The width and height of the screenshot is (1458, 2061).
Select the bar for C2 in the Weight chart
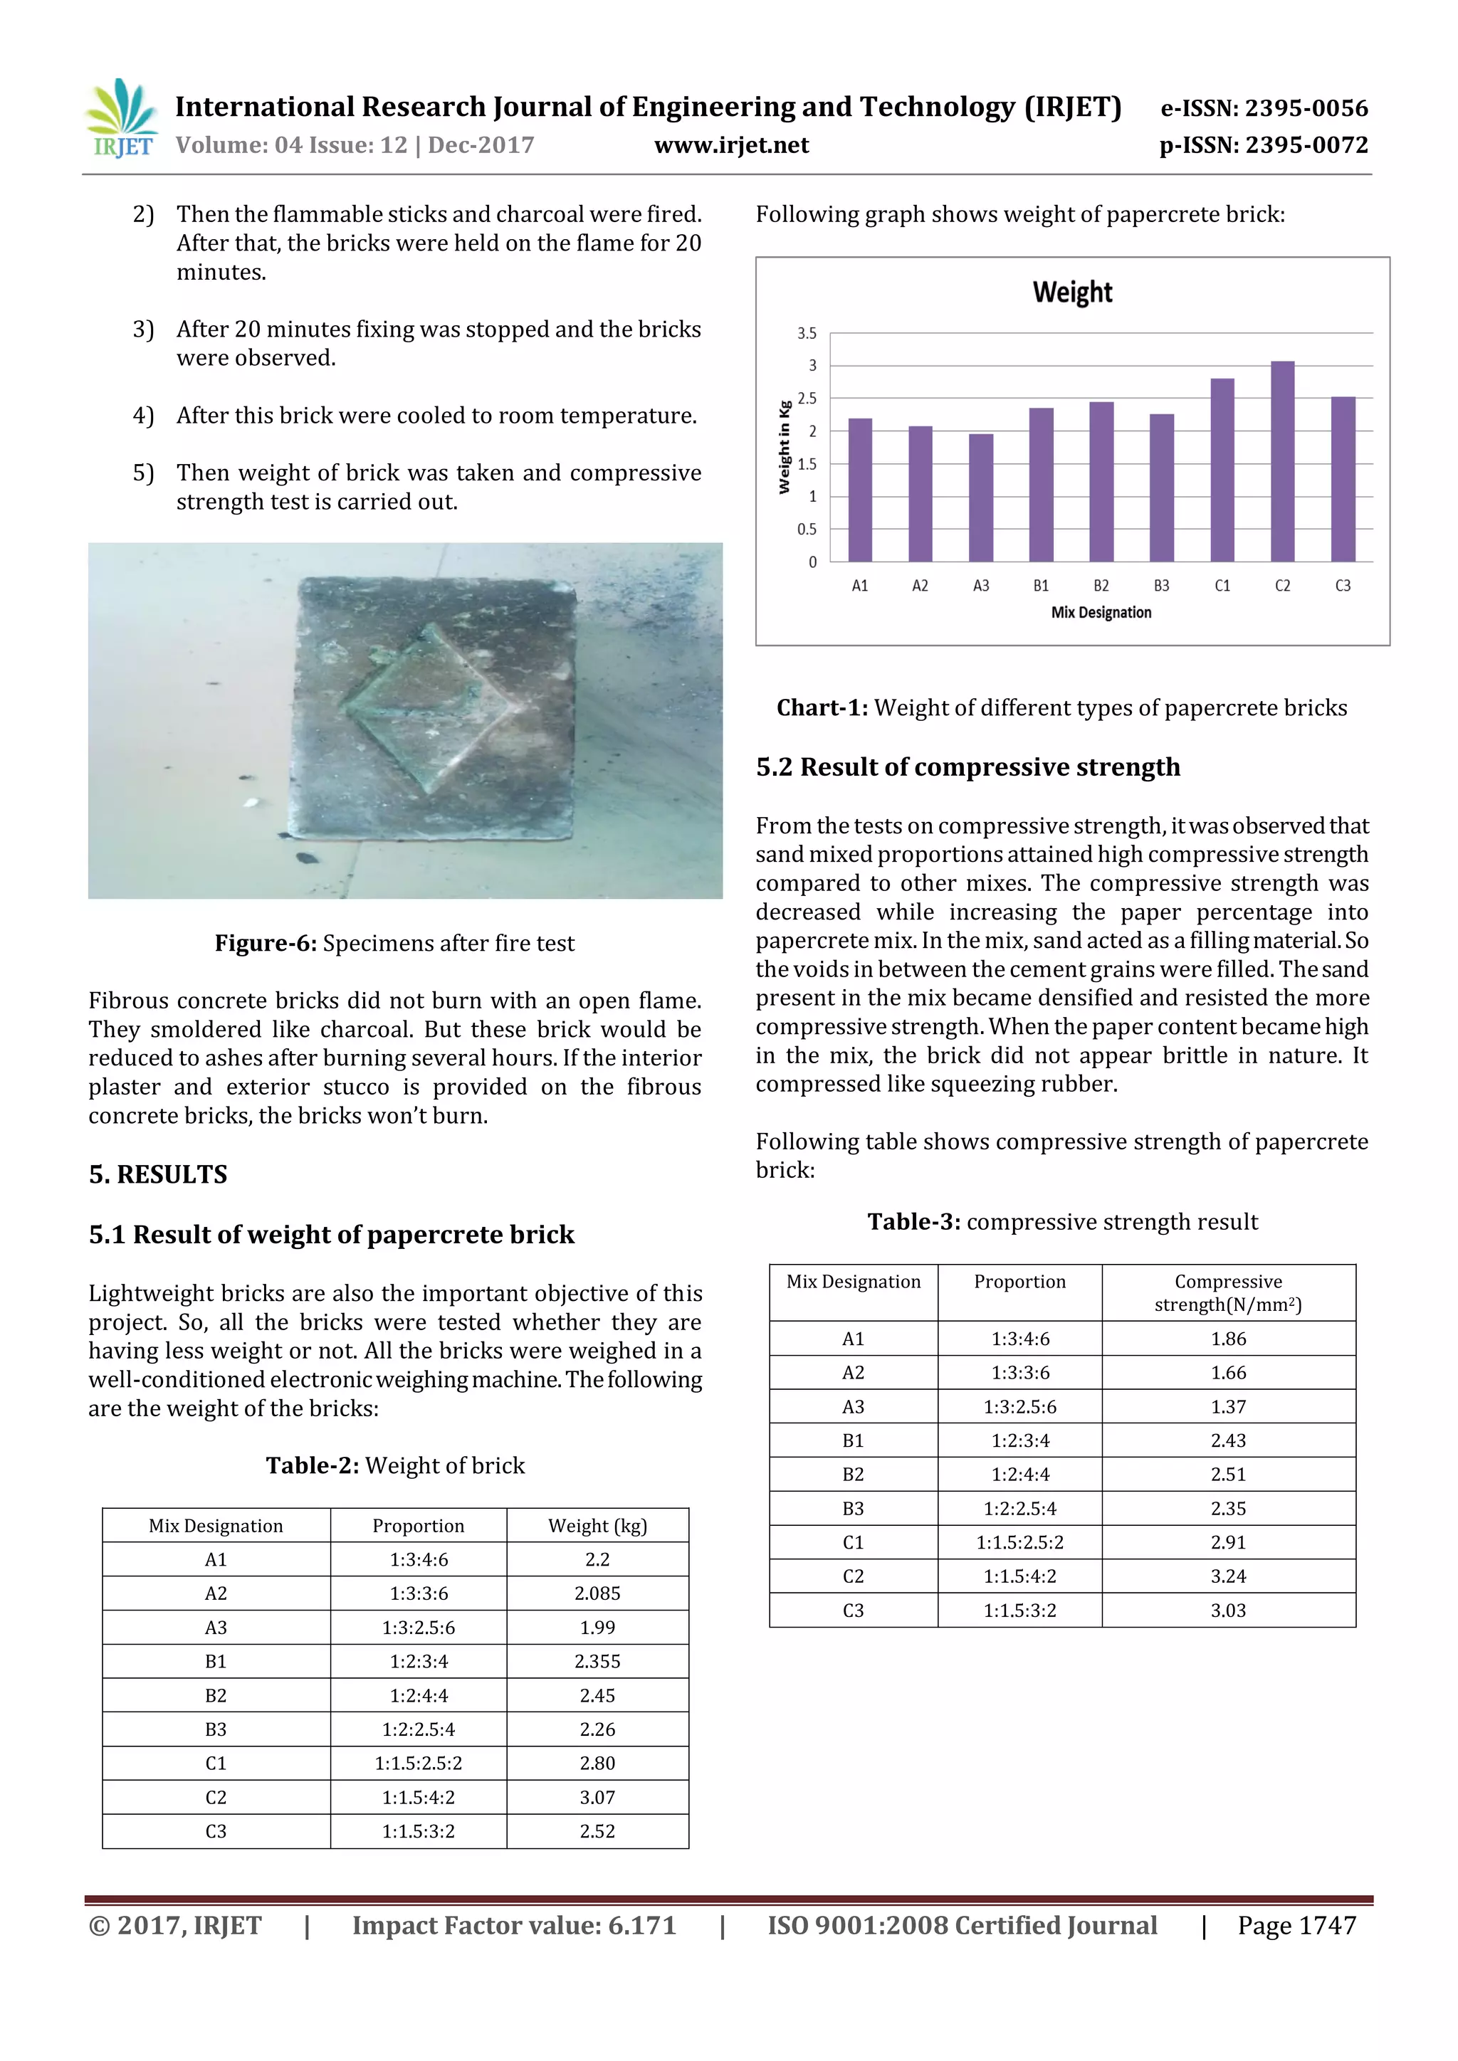pos(1282,463)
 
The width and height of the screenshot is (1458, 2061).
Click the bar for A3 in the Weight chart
pos(980,498)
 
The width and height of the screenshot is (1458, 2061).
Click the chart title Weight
pos(1072,292)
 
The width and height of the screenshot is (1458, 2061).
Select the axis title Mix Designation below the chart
pos(1101,613)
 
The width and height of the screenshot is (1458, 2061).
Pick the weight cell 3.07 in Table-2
pos(597,1797)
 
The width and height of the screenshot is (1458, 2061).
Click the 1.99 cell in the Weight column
pos(597,1628)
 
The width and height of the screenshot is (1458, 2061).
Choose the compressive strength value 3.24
pos(1228,1576)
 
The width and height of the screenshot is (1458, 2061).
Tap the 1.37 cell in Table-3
pos(1228,1406)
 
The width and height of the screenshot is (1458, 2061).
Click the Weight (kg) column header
pos(597,1526)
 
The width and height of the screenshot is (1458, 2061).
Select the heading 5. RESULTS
pos(158,1174)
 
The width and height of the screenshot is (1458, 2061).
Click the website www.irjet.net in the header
pos(731,145)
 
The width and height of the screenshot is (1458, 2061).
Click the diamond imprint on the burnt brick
pos(429,708)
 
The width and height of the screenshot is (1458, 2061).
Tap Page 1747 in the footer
pos(1296,1926)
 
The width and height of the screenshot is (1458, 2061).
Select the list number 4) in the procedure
pos(143,416)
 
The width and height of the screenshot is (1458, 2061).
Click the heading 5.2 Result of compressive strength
pos(967,767)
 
